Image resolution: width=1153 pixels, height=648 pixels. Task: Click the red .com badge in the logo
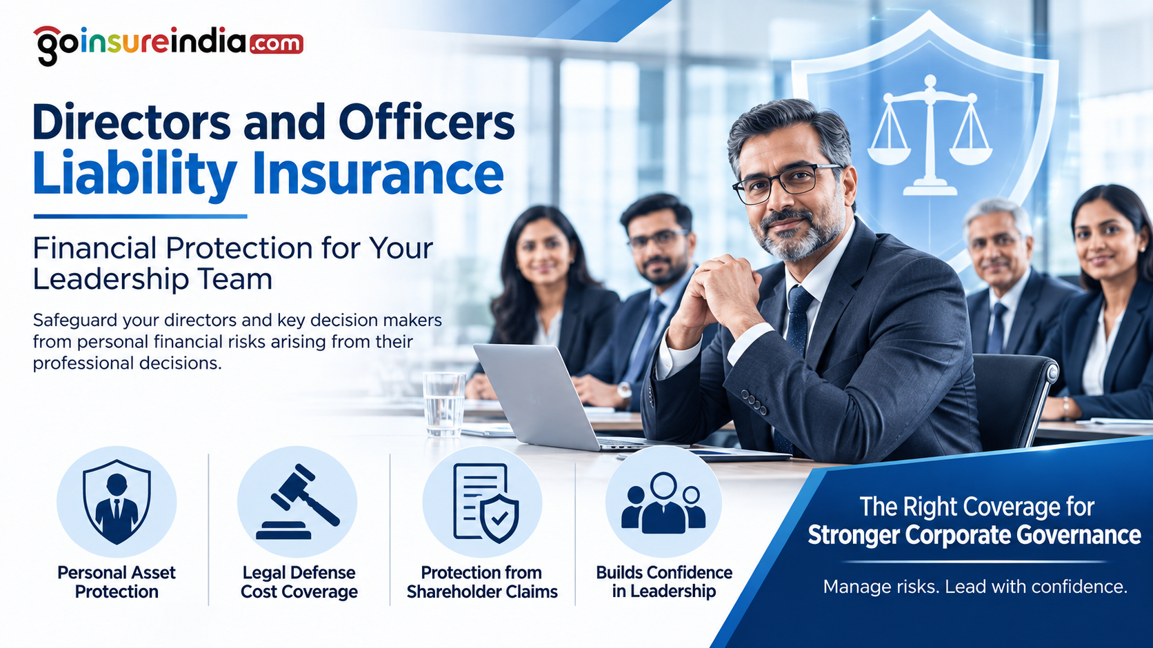[277, 43]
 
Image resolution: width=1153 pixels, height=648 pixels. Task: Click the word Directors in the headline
[131, 123]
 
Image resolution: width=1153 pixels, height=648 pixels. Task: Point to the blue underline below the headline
[140, 216]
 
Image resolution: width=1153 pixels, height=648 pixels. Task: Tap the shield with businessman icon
[117, 502]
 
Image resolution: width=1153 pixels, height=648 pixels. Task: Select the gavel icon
[298, 502]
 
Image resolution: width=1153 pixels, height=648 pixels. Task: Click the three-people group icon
[663, 503]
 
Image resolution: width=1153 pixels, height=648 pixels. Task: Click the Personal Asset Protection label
[117, 582]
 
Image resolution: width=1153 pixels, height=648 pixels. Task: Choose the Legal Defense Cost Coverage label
[299, 582]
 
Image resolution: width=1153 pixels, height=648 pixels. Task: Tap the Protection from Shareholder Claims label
[482, 582]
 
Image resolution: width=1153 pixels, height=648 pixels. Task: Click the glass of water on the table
[443, 404]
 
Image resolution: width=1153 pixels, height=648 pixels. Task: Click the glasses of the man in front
[787, 183]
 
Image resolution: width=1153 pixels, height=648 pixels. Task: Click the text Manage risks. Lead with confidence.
[975, 587]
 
